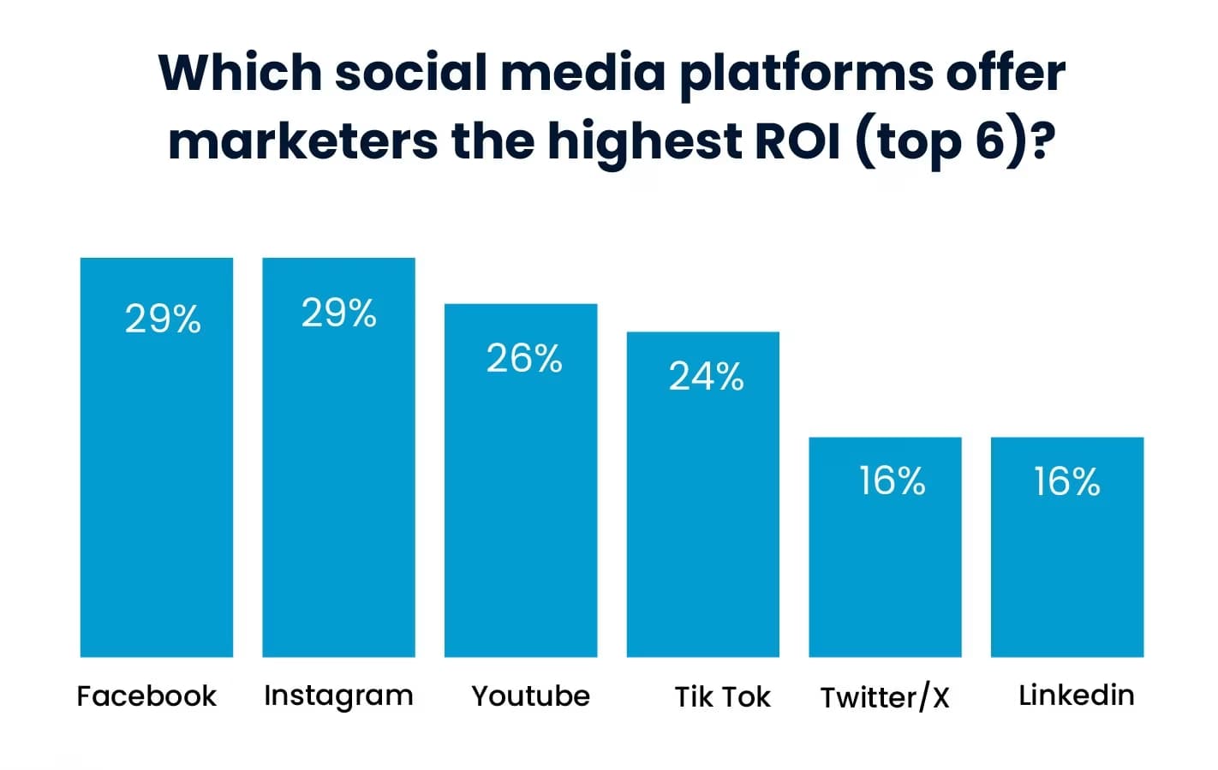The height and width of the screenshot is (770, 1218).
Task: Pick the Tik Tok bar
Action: coord(703,514)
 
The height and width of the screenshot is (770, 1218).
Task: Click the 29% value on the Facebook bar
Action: coord(163,319)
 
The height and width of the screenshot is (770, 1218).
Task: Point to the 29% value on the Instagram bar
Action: coord(338,313)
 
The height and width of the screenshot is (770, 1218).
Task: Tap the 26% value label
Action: coord(524,358)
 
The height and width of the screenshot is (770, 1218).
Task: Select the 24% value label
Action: coord(707,377)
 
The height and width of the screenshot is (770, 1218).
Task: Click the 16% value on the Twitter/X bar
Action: coord(892,481)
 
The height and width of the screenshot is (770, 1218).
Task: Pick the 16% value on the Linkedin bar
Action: coord(1066,481)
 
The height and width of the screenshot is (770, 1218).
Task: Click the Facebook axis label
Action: coord(146,695)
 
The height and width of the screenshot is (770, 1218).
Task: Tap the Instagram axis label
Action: coord(338,696)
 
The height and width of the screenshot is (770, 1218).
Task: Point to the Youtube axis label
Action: coord(531,695)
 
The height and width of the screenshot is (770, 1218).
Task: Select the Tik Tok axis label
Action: coord(722,696)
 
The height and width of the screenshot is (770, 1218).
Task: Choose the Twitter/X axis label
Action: coord(885,697)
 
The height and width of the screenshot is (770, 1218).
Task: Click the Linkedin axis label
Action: coord(1077,695)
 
